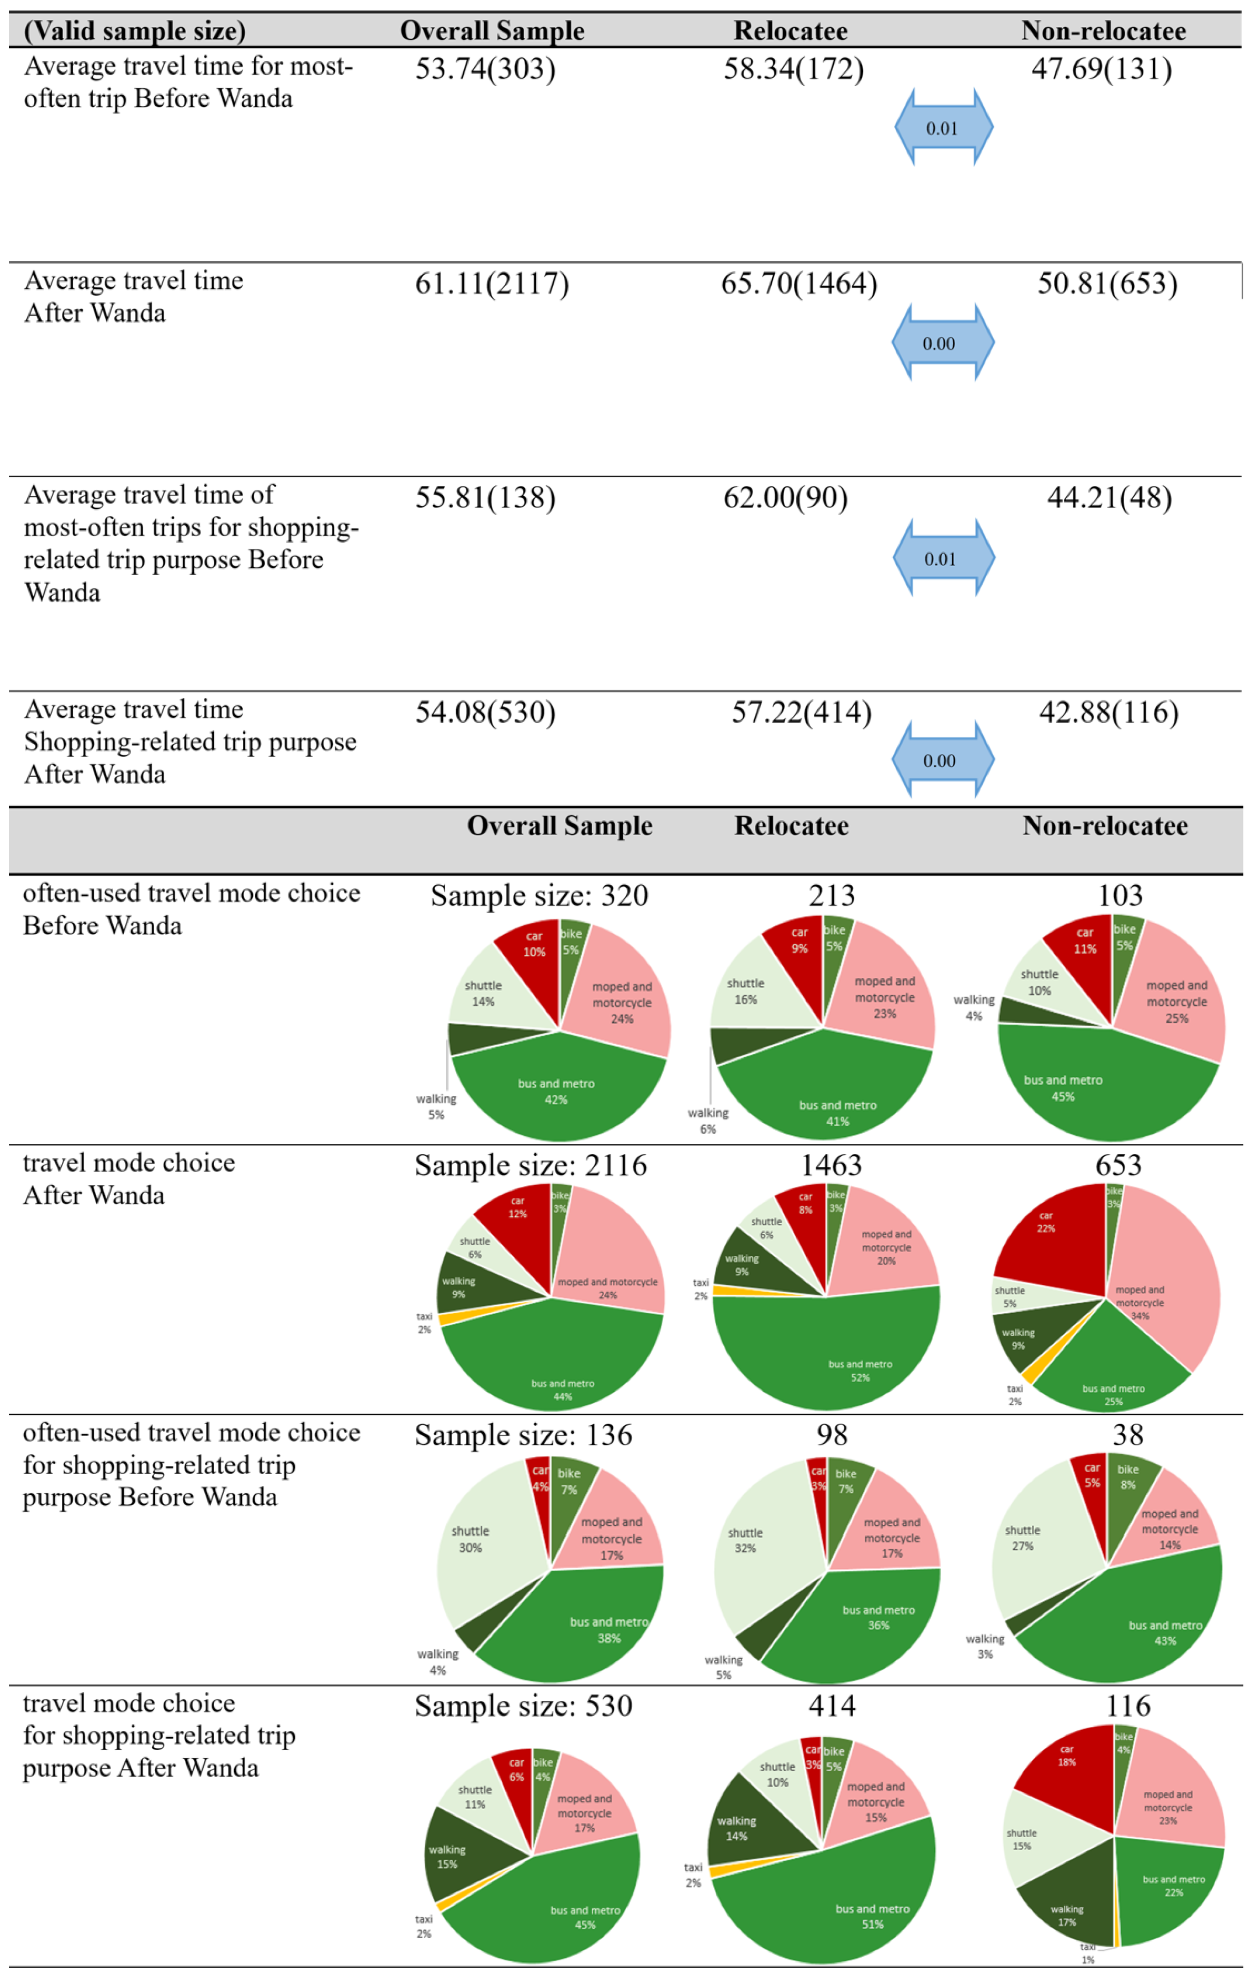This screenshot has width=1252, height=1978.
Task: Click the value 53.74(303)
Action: (485, 69)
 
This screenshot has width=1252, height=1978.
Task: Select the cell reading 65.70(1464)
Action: (799, 284)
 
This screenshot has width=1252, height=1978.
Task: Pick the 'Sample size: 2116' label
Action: (530, 1166)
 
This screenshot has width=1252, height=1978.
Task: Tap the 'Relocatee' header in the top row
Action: (790, 31)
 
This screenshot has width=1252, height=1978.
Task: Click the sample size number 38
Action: (1127, 1435)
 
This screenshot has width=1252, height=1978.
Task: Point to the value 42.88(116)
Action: (1108, 712)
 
